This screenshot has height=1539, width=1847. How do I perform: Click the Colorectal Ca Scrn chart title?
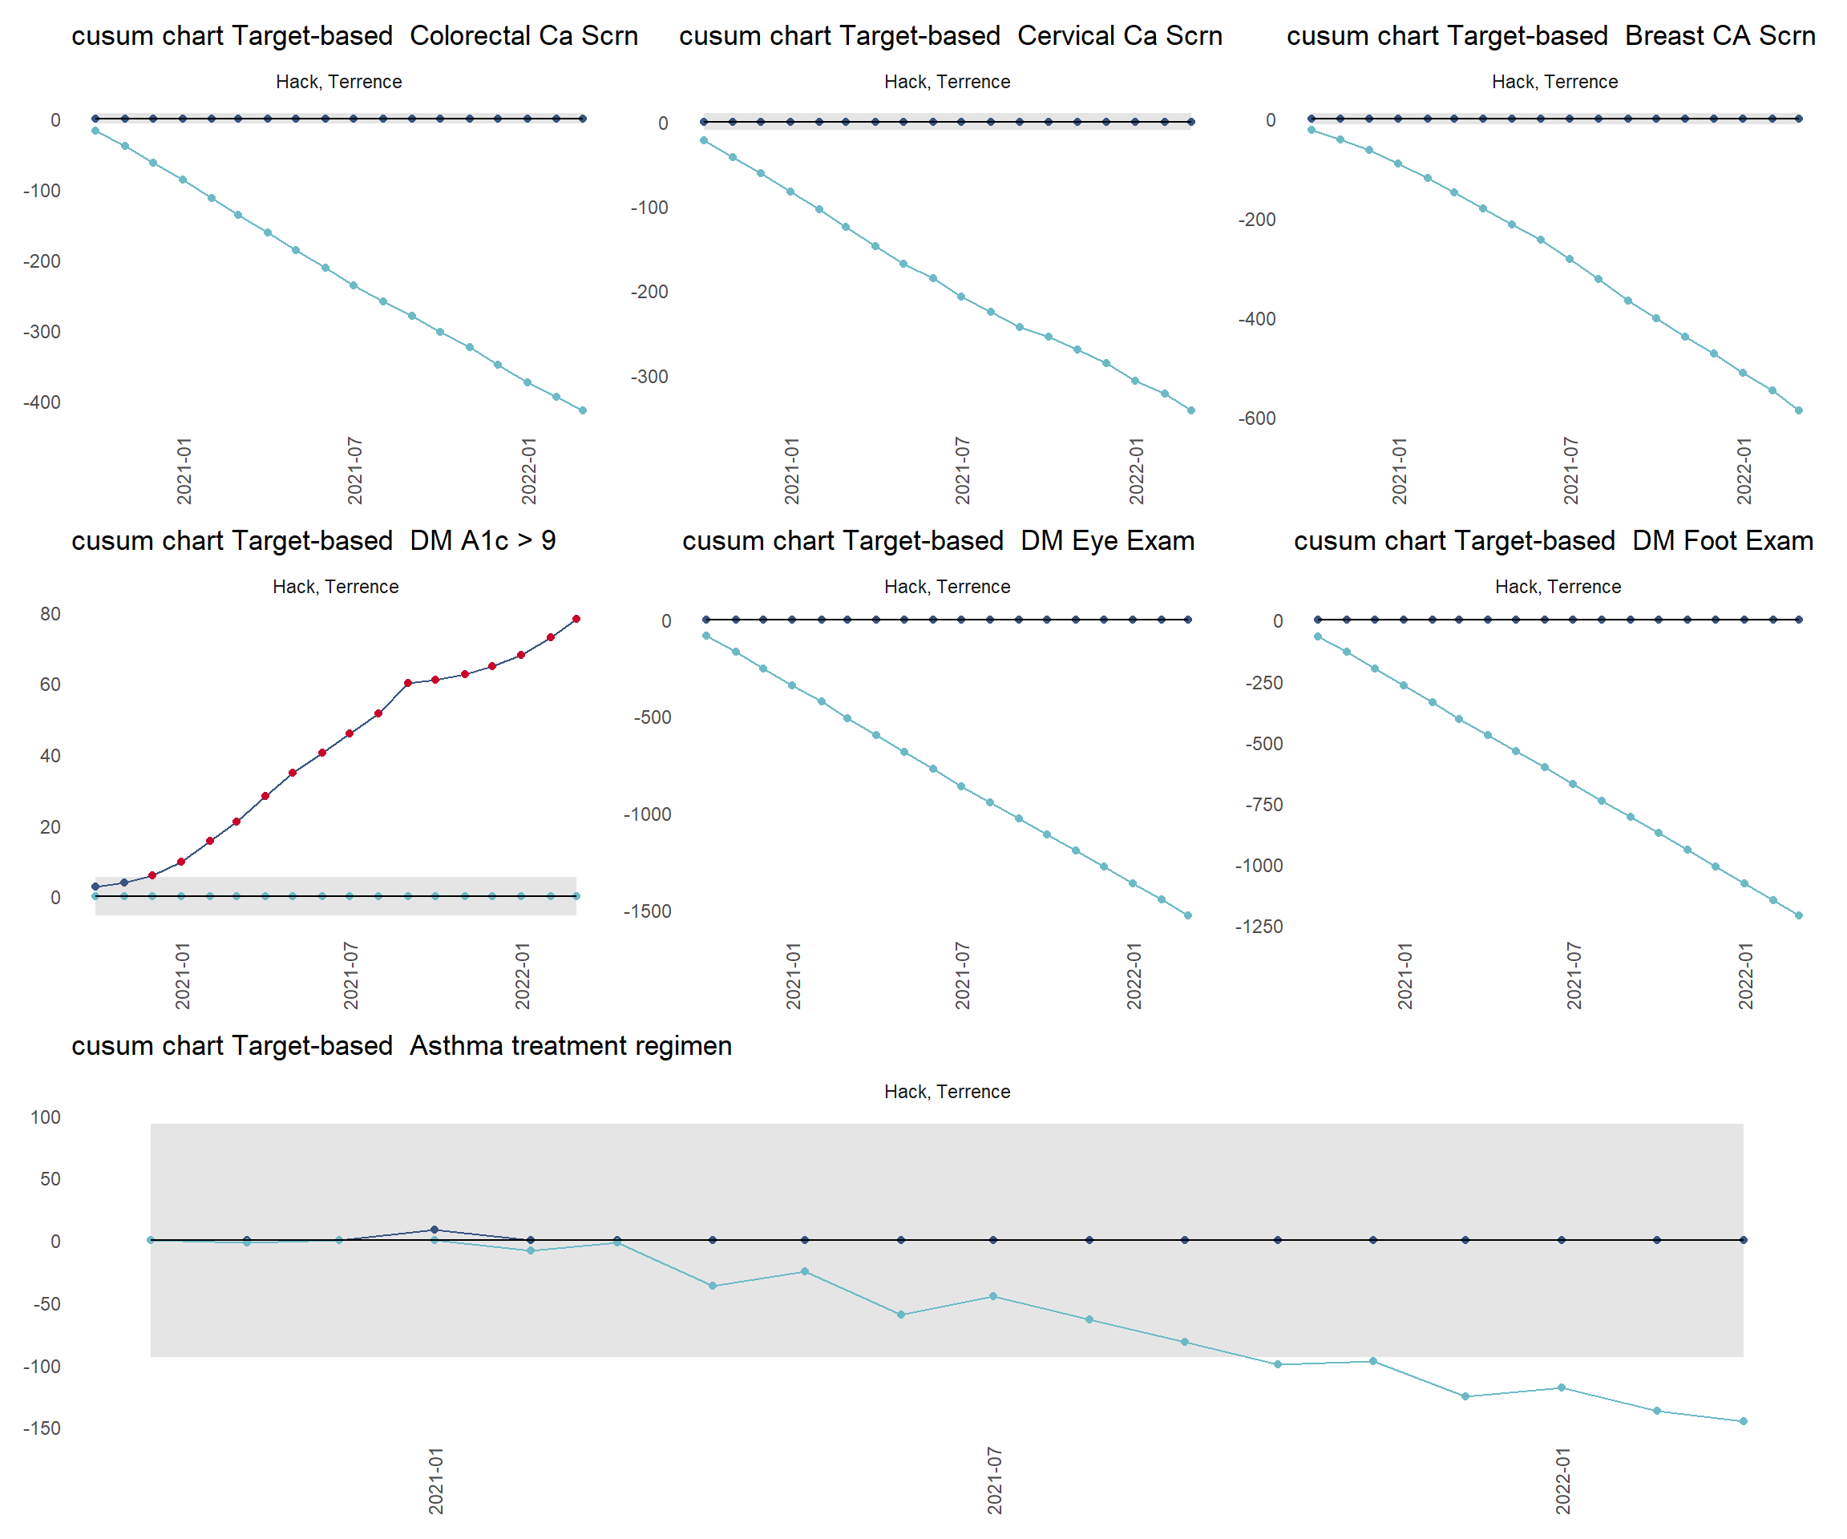(x=354, y=36)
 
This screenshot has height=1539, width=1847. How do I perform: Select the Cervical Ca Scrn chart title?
(x=950, y=36)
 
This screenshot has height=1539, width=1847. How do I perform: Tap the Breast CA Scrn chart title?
(x=1550, y=36)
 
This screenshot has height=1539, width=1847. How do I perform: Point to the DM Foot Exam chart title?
(x=1554, y=541)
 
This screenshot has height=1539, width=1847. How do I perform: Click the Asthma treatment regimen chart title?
(x=401, y=1046)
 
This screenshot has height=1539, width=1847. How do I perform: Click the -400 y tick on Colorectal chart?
(x=42, y=402)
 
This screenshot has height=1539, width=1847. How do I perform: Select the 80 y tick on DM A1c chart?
(x=51, y=614)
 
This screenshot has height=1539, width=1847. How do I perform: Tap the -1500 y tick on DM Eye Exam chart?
(x=647, y=912)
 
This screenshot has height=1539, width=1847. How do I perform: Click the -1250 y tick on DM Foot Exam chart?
(x=1259, y=927)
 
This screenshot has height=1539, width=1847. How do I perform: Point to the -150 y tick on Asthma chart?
(x=42, y=1428)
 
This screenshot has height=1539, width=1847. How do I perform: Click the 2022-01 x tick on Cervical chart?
(x=1137, y=471)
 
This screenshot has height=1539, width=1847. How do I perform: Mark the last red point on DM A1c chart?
(x=576, y=619)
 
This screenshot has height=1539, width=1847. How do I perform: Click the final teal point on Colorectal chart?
(x=582, y=410)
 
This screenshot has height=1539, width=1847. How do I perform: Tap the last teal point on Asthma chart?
(x=1744, y=1421)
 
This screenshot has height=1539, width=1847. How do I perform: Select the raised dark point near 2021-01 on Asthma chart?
(x=434, y=1230)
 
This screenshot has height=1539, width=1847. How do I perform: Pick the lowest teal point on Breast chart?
(x=1799, y=410)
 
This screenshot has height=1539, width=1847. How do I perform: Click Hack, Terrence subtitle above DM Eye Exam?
(x=947, y=587)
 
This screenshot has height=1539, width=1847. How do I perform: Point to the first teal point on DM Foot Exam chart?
(x=1318, y=636)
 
